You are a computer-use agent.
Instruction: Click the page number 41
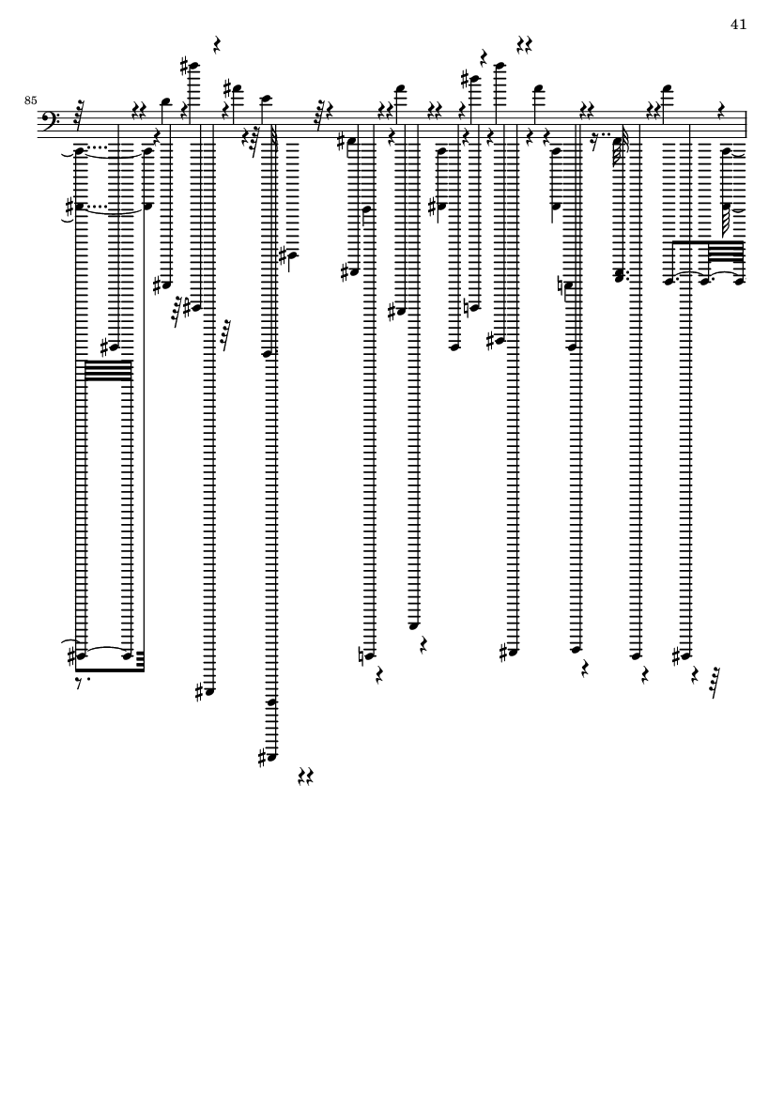[x=738, y=24]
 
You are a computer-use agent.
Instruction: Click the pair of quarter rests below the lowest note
[x=304, y=776]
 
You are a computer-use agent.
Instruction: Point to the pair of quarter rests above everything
[x=525, y=44]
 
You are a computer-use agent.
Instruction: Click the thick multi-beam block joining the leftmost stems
[x=109, y=371]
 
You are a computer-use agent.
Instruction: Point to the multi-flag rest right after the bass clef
[x=79, y=113]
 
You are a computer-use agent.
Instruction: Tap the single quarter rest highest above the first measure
[x=216, y=44]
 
